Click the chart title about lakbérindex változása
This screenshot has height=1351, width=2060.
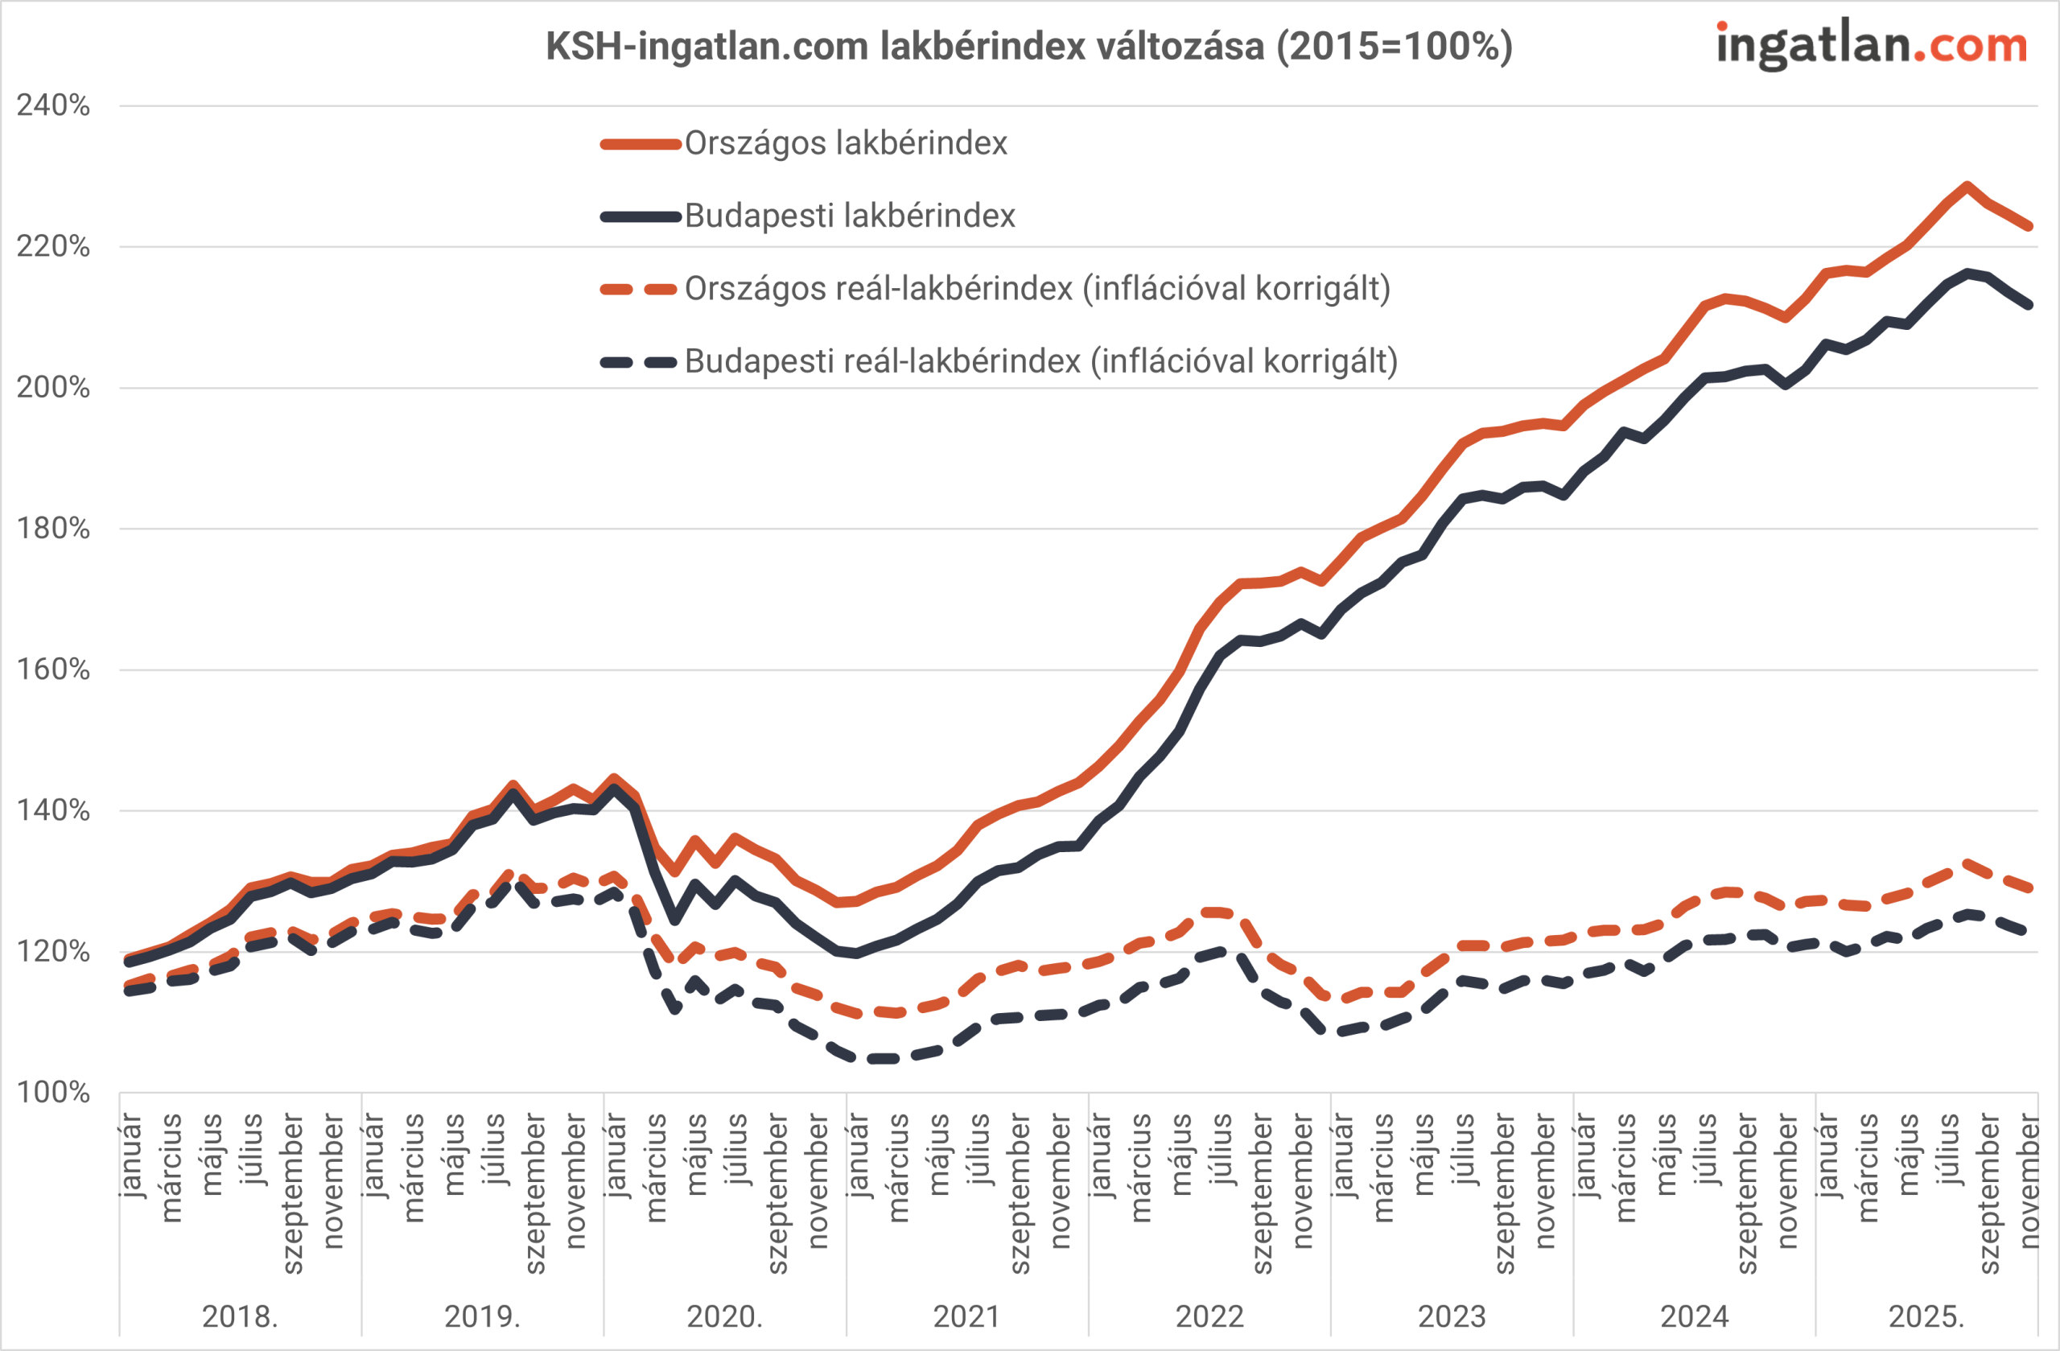(1029, 46)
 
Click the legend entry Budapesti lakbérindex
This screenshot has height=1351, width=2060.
(849, 216)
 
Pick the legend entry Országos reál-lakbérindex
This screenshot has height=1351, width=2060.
(1037, 289)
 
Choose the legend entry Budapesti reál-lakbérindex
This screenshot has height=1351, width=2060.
(1040, 362)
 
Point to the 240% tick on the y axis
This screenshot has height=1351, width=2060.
(53, 105)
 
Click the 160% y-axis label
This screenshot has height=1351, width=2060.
(53, 670)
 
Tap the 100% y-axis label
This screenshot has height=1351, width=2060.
(53, 1093)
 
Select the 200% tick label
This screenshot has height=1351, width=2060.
(53, 388)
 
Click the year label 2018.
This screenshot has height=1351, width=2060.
(240, 1317)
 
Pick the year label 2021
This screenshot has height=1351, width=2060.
(966, 1317)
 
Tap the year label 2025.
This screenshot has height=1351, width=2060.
(1926, 1317)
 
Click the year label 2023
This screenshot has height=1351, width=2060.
(1452, 1317)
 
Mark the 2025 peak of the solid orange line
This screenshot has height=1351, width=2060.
(1967, 186)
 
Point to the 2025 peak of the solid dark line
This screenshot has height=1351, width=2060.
(1967, 274)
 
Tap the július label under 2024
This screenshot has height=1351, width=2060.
(1705, 1149)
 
